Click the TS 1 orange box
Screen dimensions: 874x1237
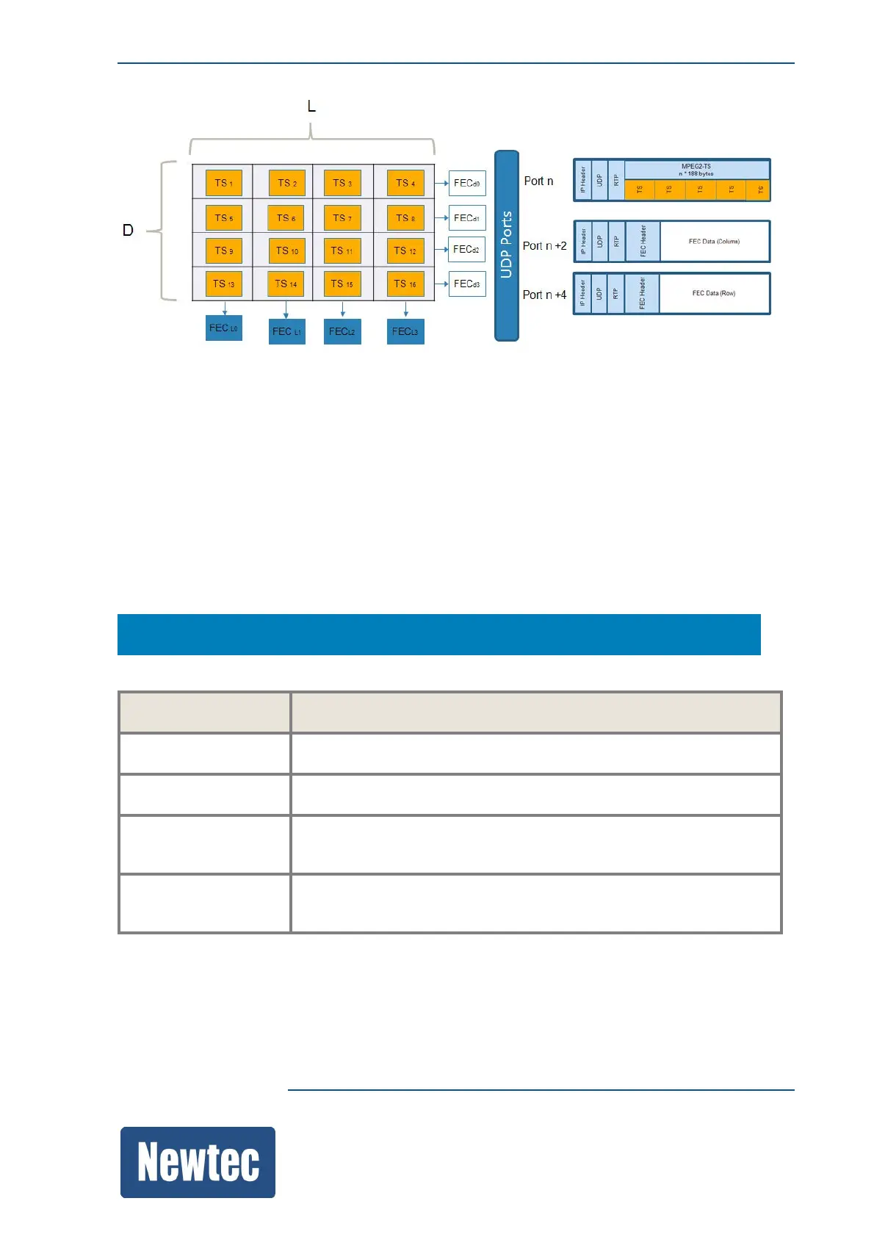pos(223,183)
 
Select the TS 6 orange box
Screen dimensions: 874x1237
pos(286,218)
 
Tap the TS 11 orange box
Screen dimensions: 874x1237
pos(342,251)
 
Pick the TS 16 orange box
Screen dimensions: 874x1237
pos(405,284)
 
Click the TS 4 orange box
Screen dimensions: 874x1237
pos(405,183)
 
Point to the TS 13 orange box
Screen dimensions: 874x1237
pos(223,284)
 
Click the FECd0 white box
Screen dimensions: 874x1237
pos(467,183)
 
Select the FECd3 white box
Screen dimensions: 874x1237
pos(467,284)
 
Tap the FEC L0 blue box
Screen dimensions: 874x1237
pos(224,328)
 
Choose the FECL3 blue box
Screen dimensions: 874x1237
pos(405,331)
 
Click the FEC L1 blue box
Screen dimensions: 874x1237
pos(286,331)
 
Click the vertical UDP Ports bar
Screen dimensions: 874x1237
pos(507,245)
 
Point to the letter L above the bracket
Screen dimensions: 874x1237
pos(311,107)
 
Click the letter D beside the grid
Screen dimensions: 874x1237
pos(128,231)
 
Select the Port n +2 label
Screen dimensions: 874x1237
pos(544,246)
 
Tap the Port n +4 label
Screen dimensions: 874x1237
pos(544,295)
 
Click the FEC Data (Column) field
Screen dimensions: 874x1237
pos(714,242)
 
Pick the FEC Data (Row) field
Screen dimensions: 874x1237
pos(714,294)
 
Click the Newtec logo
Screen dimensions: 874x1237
pos(198,1162)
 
